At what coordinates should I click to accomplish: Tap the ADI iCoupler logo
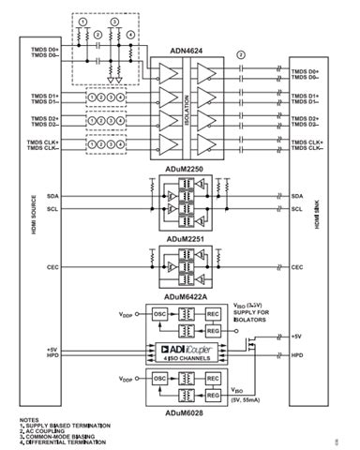pyautogui.click(x=183, y=348)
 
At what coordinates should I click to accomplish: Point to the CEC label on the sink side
pyautogui.click(x=297, y=266)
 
